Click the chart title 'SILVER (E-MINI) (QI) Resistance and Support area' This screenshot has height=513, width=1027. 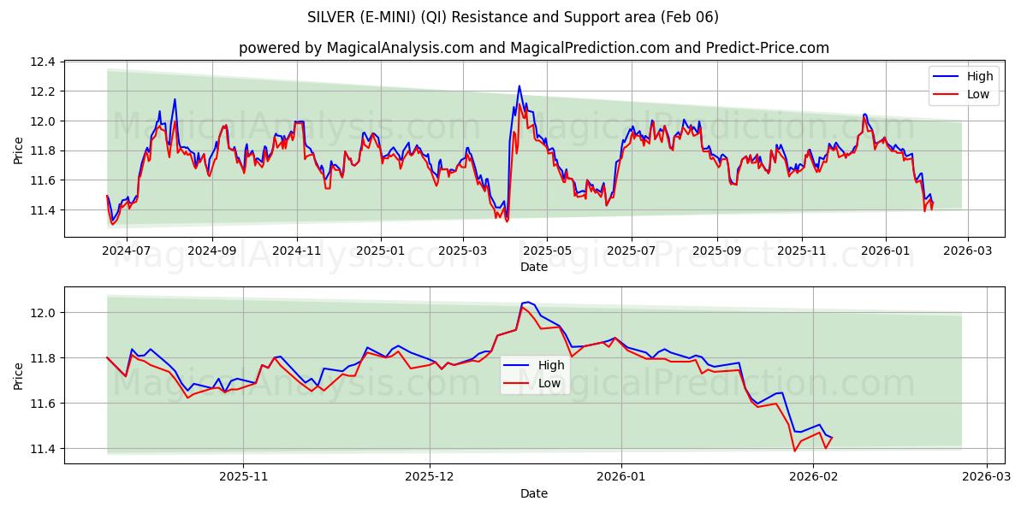[513, 17]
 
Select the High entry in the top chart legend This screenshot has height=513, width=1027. [979, 77]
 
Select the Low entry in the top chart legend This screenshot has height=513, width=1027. [977, 94]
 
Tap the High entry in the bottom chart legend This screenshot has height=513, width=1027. [550, 365]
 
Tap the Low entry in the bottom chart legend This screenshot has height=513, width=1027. [549, 382]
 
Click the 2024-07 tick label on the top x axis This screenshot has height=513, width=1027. [127, 251]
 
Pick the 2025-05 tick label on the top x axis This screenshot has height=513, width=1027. [546, 251]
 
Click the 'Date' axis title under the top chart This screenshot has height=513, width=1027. [533, 267]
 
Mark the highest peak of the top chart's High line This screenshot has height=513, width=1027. [519, 85]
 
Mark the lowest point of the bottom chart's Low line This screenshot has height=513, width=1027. [794, 451]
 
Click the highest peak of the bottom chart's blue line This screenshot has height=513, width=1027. [528, 302]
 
